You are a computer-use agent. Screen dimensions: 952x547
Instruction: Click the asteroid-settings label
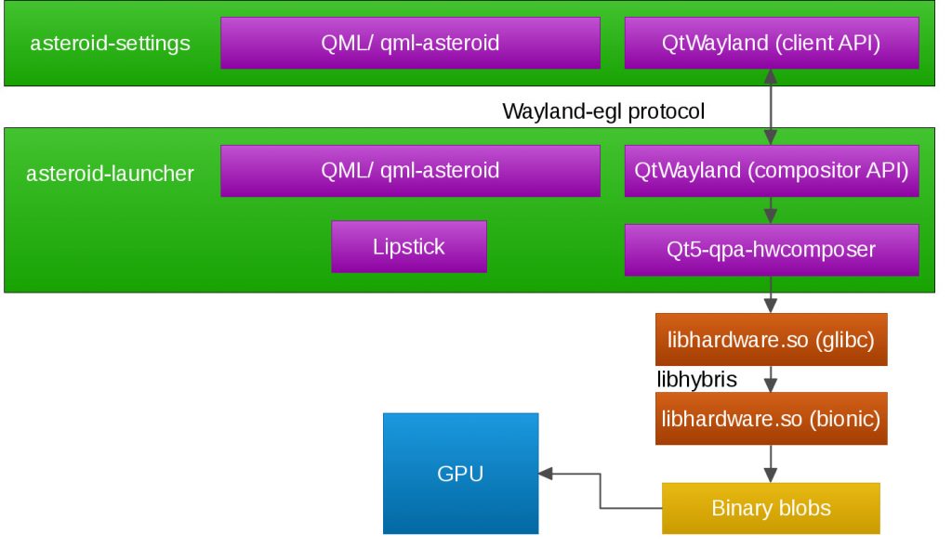pyautogui.click(x=110, y=43)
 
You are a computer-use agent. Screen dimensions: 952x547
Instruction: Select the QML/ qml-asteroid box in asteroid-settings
pyautogui.click(x=410, y=43)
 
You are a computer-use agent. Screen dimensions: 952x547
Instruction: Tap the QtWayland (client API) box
pyautogui.click(x=772, y=43)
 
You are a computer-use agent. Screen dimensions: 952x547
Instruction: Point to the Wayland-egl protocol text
pyautogui.click(x=603, y=111)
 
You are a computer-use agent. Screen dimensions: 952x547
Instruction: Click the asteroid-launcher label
pyautogui.click(x=110, y=174)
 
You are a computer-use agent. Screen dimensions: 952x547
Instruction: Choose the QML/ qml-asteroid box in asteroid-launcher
pyautogui.click(x=410, y=170)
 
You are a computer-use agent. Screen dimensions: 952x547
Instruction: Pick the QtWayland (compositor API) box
pyautogui.click(x=772, y=170)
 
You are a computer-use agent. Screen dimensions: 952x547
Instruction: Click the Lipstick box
pyautogui.click(x=409, y=247)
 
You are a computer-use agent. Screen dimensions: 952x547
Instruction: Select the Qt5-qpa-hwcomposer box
pyautogui.click(x=772, y=250)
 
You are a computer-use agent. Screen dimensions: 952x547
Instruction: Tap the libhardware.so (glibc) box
pyautogui.click(x=771, y=340)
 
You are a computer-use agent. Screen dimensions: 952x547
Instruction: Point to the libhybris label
pyautogui.click(x=697, y=380)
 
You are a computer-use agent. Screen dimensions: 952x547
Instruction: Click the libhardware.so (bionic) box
pyautogui.click(x=771, y=419)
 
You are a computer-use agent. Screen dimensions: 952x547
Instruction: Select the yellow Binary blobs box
pyautogui.click(x=771, y=508)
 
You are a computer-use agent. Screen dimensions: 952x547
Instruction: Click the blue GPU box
pyautogui.click(x=461, y=474)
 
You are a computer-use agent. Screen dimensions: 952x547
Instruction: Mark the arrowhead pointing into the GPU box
pyautogui.click(x=545, y=474)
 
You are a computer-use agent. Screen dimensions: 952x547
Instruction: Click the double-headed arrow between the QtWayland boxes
pyautogui.click(x=771, y=107)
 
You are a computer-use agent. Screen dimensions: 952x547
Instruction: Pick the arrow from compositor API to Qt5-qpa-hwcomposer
pyautogui.click(x=771, y=211)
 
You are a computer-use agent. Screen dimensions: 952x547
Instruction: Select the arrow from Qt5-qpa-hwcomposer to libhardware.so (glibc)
pyautogui.click(x=771, y=294)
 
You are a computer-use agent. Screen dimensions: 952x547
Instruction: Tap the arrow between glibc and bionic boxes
pyautogui.click(x=771, y=379)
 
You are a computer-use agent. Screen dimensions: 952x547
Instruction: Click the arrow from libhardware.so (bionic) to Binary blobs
pyautogui.click(x=771, y=464)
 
